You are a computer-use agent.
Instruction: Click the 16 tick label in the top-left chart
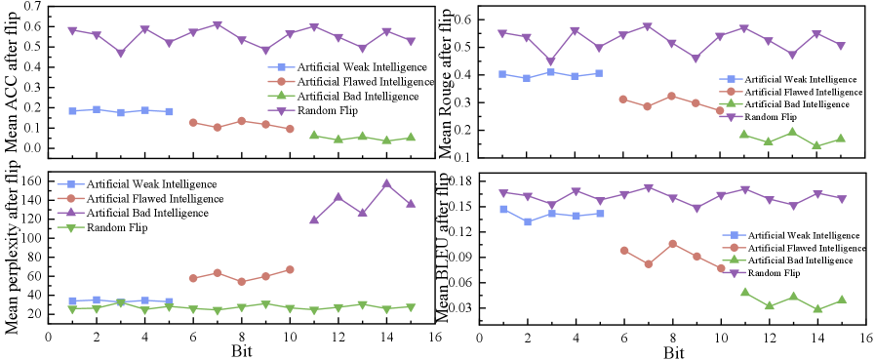pos(434,173)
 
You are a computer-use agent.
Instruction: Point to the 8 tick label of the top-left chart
pos(242,173)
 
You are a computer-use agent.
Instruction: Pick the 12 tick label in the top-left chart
pos(338,173)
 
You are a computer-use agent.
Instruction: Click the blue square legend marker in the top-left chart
pos(281,68)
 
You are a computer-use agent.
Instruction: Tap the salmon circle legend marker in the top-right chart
pos(732,91)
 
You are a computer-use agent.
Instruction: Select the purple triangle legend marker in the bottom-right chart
pos(735,272)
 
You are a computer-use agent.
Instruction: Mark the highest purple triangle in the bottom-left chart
pos(387,183)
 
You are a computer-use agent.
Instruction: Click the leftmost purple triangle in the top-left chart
pos(72,30)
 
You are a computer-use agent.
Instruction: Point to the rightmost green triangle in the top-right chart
pos(841,139)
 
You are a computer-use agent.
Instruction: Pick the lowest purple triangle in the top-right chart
pos(551,60)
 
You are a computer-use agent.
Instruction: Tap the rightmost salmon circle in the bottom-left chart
pos(291,269)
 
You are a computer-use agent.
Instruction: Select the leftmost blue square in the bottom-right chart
pos(502,209)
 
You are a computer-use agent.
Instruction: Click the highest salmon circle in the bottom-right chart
pos(672,243)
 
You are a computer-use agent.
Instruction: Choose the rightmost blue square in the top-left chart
pos(170,111)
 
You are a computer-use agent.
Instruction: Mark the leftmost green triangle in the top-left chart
pos(314,135)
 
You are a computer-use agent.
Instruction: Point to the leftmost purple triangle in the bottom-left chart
pos(314,220)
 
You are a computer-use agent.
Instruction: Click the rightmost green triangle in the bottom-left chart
pos(411,306)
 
